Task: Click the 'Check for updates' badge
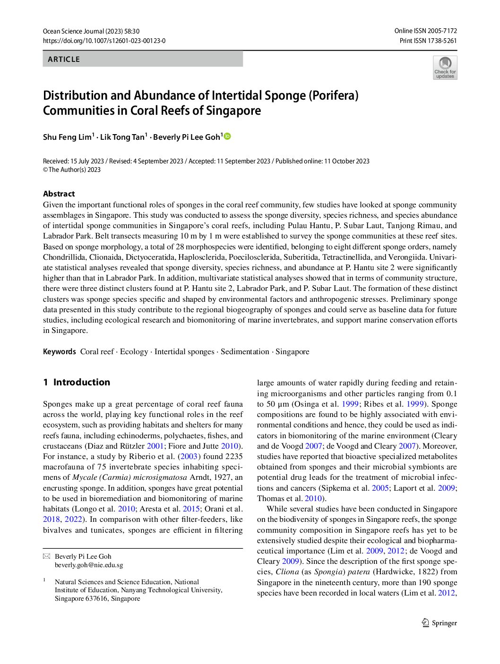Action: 445,68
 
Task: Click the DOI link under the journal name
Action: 104,41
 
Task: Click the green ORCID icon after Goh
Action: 227,136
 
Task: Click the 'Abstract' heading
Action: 59,194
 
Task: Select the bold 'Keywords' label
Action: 59,351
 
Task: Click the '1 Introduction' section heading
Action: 77,382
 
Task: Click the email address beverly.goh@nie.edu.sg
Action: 89,565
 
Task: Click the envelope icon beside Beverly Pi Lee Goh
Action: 46,556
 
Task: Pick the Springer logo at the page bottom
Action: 440,623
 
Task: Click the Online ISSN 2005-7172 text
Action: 425,31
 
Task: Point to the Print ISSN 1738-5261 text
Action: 428,41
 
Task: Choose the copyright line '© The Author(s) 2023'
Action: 72,170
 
